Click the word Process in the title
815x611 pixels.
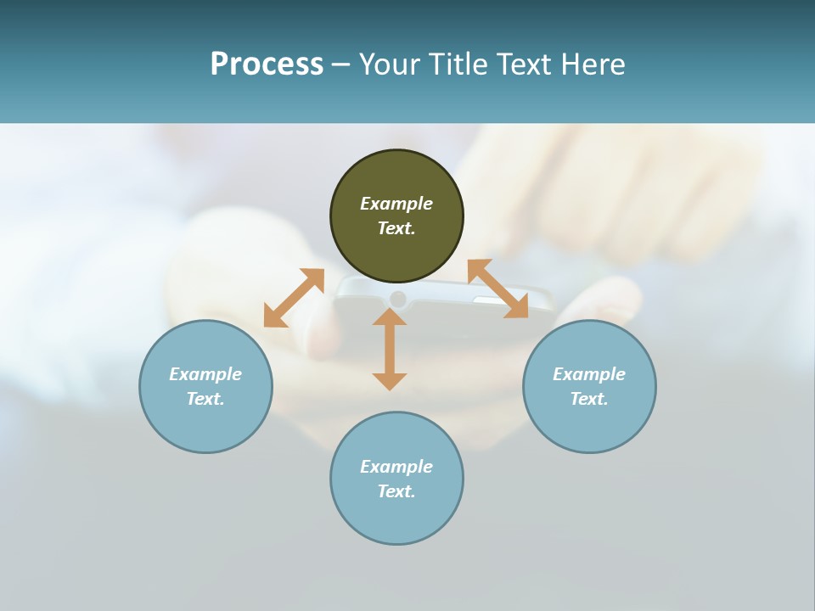(x=267, y=64)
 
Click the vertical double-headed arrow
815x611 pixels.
(x=390, y=350)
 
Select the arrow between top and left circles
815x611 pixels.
(x=294, y=298)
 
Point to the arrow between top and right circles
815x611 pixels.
(x=497, y=289)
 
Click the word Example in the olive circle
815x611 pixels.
(x=396, y=204)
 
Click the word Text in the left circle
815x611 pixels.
(x=205, y=399)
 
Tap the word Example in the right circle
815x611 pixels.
(x=589, y=374)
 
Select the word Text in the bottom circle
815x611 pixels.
(x=396, y=491)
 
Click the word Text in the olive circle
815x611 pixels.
(x=396, y=228)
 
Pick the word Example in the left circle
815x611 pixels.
(x=205, y=374)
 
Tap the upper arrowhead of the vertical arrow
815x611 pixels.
(x=390, y=316)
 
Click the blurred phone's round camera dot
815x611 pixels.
(x=397, y=299)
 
